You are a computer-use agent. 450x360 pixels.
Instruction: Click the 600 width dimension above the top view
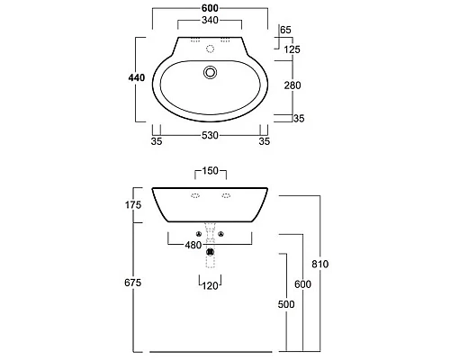click(210, 8)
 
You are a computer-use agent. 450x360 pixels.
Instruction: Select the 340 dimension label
click(210, 21)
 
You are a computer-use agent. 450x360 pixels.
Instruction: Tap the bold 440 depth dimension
click(137, 78)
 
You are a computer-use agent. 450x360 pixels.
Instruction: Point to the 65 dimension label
click(285, 30)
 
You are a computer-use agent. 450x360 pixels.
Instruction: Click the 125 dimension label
click(292, 49)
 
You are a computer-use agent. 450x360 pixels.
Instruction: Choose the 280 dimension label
click(292, 85)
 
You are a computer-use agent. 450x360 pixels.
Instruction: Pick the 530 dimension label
click(210, 136)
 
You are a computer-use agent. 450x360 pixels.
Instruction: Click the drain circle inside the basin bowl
click(210, 72)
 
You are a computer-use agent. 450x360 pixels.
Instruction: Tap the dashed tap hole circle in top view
click(211, 49)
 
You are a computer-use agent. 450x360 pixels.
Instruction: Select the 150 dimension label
click(210, 171)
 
